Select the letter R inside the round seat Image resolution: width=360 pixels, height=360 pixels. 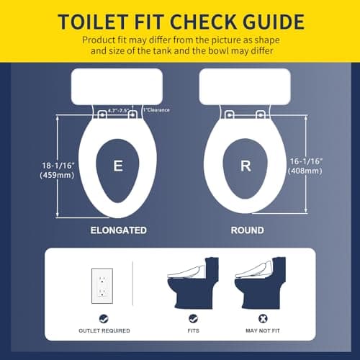pyautogui.click(x=245, y=166)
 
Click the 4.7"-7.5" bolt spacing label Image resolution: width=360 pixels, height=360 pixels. pyautogui.click(x=118, y=111)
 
